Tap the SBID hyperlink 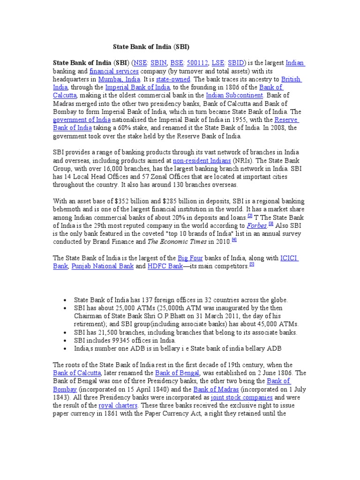click(x=235, y=63)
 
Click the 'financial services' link click(x=114, y=71)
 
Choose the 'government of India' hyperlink click(x=82, y=120)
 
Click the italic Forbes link click(x=256, y=225)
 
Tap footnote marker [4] click(x=234, y=240)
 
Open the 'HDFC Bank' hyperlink click(x=165, y=266)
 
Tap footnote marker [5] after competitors click(x=252, y=264)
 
